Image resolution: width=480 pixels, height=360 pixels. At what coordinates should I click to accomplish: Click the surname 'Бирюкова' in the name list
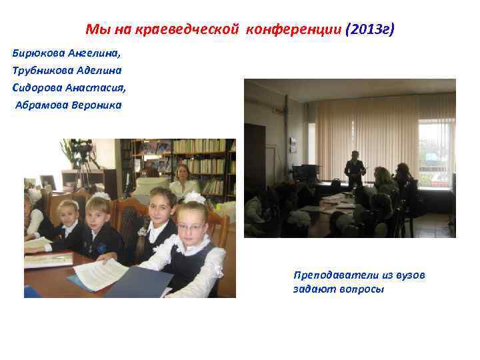pos(38,53)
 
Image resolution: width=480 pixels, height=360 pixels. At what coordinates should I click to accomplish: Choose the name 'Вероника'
pos(99,105)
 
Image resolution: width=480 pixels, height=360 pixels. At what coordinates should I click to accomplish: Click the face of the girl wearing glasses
pos(191,227)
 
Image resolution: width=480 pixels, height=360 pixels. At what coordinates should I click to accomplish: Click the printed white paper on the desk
pos(100,273)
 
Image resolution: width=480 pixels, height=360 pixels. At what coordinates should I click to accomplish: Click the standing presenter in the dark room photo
pos(354,172)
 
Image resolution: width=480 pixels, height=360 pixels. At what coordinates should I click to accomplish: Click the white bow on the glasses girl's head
pos(194,198)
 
